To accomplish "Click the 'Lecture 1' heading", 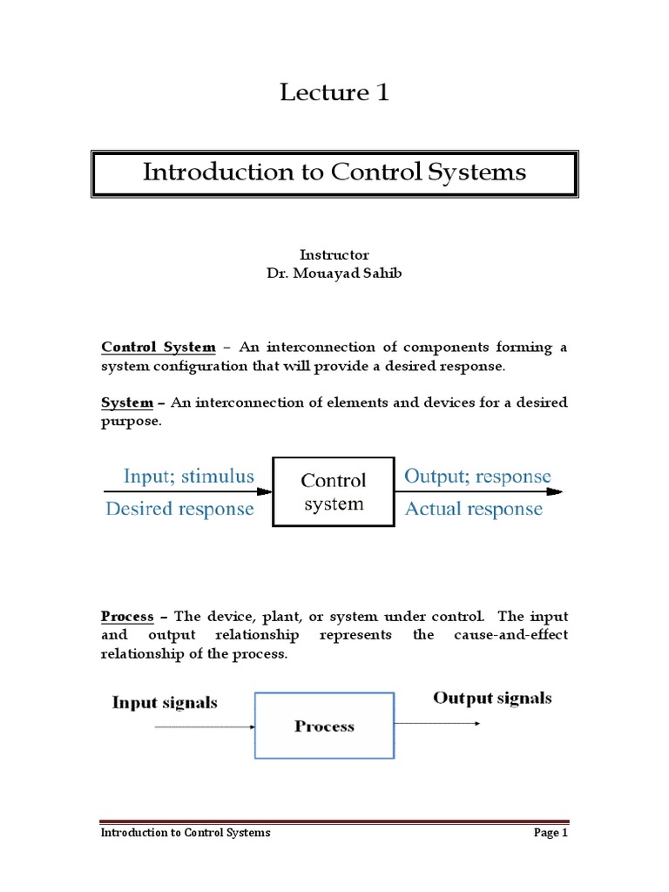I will pos(334,92).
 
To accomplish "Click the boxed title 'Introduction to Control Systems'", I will pos(334,172).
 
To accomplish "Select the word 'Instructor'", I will pos(334,255).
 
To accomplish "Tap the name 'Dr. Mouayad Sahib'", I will pos(334,273).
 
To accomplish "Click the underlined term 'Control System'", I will pos(159,348).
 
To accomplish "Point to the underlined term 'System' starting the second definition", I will pos(127,402).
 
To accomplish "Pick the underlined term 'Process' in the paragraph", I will pos(127,617).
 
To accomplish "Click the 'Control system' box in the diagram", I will pos(334,492).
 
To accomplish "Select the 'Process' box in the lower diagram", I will pos(324,726).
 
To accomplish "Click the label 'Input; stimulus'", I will pos(189,476).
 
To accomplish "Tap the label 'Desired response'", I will pos(179,509).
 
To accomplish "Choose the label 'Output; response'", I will pos(477,476).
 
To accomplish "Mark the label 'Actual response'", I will pos(473,509).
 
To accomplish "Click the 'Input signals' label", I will pos(165,702).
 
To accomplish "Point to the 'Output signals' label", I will pos(492,698).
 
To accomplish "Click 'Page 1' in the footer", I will pos(551,833).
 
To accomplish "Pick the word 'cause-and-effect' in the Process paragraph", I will pos(510,635).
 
